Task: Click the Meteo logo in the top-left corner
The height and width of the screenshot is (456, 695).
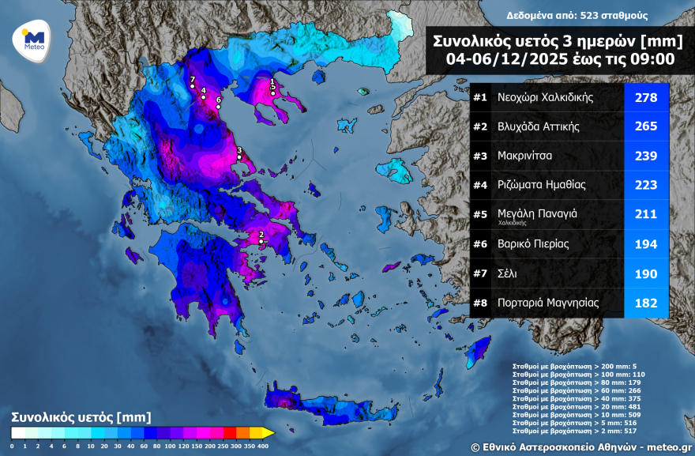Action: [32, 39]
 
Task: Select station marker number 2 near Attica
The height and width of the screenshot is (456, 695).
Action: [261, 242]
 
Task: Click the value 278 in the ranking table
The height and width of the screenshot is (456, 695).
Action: [646, 98]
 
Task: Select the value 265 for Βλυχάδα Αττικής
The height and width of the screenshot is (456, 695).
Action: [646, 127]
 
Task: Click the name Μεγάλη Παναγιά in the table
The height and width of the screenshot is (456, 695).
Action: [538, 213]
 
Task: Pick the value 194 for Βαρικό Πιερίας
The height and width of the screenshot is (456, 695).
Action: [646, 244]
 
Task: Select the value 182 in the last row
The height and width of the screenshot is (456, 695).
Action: [646, 303]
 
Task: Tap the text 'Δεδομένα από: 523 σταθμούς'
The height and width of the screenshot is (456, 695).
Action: [566, 15]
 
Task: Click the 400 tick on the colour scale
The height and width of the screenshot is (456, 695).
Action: [262, 447]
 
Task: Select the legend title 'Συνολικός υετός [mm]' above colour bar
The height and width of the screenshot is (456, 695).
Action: [81, 416]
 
